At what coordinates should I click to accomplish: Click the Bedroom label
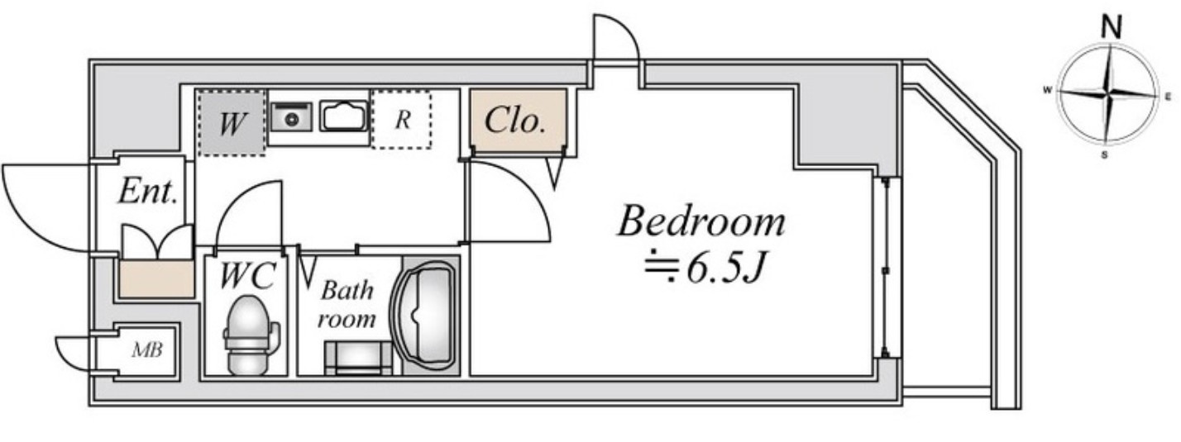tap(701, 221)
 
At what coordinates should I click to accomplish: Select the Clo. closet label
tap(514, 121)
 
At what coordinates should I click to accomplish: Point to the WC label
tap(246, 275)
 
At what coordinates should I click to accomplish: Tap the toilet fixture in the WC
tap(250, 335)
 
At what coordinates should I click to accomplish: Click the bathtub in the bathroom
tap(425, 316)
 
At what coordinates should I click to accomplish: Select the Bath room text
tap(347, 304)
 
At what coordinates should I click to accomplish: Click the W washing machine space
tap(232, 123)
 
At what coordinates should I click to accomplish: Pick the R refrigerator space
tap(402, 120)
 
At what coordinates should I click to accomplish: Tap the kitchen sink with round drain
tap(292, 117)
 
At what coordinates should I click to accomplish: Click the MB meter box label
tap(147, 349)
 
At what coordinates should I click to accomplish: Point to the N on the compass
tap(1112, 27)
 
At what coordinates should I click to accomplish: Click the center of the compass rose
tap(1107, 95)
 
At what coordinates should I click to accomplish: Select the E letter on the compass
tap(1168, 96)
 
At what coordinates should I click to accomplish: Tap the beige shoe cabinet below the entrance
tap(156, 279)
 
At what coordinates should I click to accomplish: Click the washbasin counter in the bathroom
tap(358, 358)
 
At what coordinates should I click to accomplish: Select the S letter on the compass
tap(1104, 154)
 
